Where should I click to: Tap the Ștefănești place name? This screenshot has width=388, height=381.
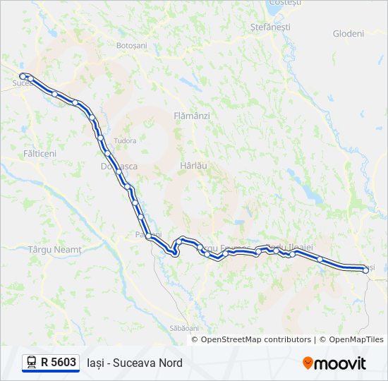[270, 26]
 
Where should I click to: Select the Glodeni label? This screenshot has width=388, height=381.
[348, 33]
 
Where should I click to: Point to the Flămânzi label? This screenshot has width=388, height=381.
[192, 115]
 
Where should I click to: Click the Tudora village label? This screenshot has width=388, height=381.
[125, 140]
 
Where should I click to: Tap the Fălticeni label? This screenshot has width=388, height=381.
[40, 152]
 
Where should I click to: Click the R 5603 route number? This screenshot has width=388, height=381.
[59, 363]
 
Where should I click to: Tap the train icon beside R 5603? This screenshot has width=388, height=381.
[32, 363]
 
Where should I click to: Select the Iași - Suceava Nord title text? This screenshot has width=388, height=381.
[135, 363]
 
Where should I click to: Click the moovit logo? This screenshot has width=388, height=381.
[334, 363]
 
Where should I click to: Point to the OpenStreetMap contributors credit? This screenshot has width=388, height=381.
[256, 339]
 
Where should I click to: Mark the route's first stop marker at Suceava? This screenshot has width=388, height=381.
[23, 75]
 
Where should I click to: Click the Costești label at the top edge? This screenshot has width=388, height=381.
[285, 3]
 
